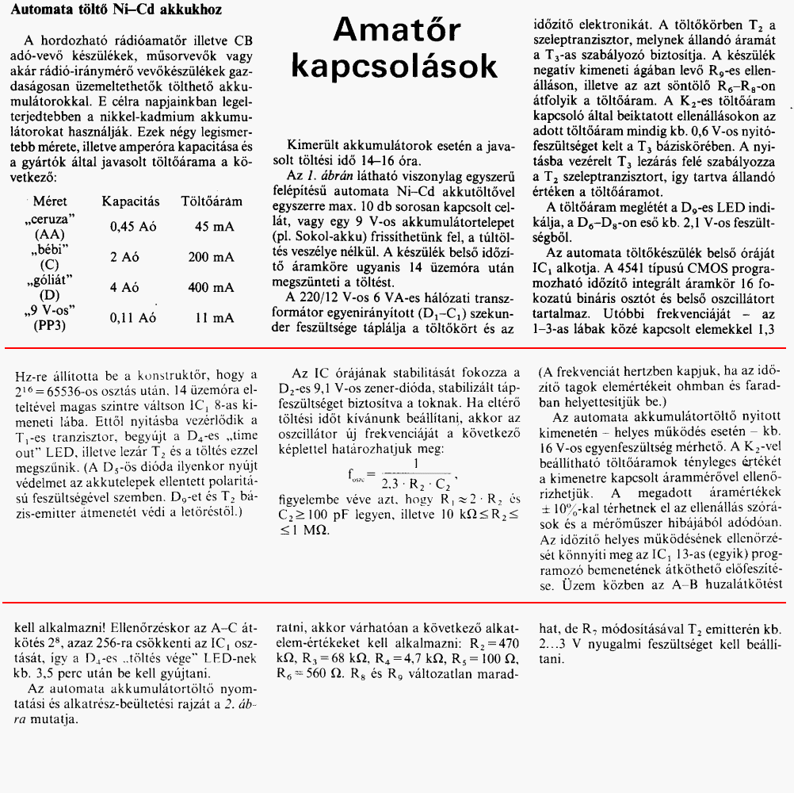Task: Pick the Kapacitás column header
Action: tap(131, 201)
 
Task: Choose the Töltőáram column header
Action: tap(212, 201)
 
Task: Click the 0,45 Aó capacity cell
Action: tap(133, 227)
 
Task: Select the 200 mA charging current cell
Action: tap(210, 257)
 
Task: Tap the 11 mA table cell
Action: tap(214, 317)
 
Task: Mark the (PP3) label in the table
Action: tap(49, 324)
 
